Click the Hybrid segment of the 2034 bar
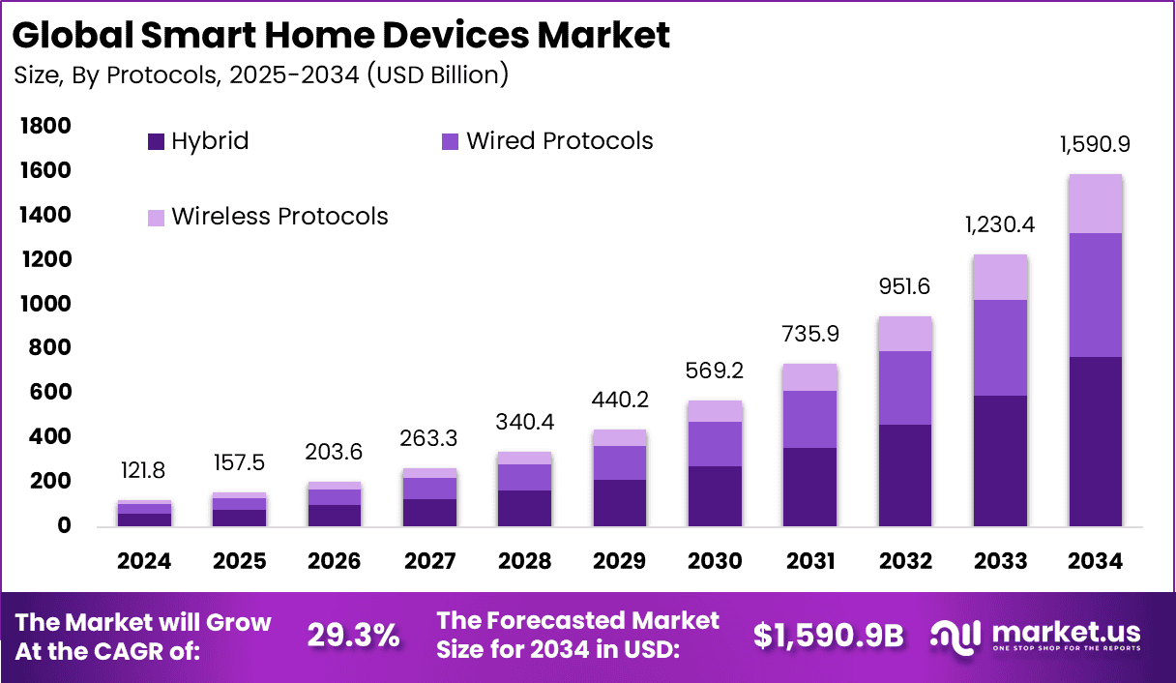pyautogui.click(x=1095, y=441)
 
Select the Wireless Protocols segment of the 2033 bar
pyautogui.click(x=1000, y=278)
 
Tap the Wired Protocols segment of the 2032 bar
pyautogui.click(x=905, y=388)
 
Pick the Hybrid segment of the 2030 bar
pyautogui.click(x=715, y=496)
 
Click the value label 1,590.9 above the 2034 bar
pyautogui.click(x=1095, y=145)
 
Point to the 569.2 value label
pyautogui.click(x=715, y=371)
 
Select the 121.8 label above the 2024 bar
pyautogui.click(x=145, y=470)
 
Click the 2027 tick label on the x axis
pyautogui.click(x=429, y=562)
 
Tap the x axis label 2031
pyautogui.click(x=809, y=562)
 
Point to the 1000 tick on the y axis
pyautogui.click(x=44, y=304)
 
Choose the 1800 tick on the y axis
pyautogui.click(x=44, y=127)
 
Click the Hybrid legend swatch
pyautogui.click(x=156, y=142)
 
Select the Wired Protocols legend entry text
pyautogui.click(x=560, y=141)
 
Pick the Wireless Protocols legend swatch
pyautogui.click(x=156, y=218)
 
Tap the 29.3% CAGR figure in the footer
pyautogui.click(x=353, y=636)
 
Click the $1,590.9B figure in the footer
pyautogui.click(x=828, y=636)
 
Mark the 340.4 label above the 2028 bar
pyautogui.click(x=524, y=423)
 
